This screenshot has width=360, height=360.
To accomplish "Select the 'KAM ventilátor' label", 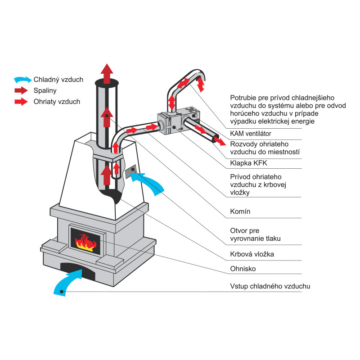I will coord(251,134).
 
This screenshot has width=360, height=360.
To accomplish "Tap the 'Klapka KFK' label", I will coord(246,163).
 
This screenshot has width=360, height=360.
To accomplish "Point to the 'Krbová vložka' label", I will coord(252,254).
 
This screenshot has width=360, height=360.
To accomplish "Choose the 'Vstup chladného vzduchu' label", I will coord(270,286).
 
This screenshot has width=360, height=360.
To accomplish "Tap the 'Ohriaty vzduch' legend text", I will coord(57,102).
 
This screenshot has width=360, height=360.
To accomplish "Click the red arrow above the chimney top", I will coord(107,73).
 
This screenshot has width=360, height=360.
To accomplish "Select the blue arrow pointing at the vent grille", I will coord(151,183).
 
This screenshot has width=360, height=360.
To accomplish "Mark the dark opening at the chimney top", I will coord(107,83).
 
